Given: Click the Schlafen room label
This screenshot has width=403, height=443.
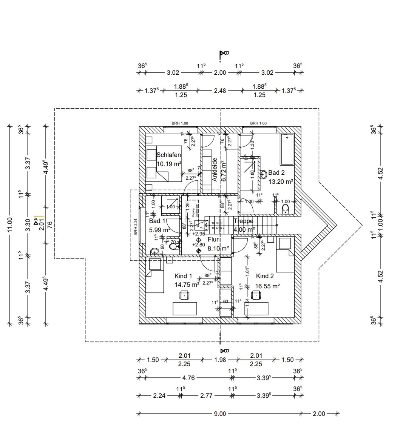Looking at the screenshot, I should [x=168, y=155].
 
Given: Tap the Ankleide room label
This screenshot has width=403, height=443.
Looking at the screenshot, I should [x=215, y=170].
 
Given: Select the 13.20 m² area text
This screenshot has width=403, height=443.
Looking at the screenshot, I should [x=281, y=182].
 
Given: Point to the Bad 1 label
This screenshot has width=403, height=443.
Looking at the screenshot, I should [x=157, y=221].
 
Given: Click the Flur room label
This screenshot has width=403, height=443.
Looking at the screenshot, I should [x=213, y=239].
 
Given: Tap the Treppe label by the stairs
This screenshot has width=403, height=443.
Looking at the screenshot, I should [x=243, y=221].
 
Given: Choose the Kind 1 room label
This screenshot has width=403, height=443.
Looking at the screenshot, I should [x=183, y=276].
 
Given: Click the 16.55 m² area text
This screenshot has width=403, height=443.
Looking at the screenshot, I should [x=267, y=286].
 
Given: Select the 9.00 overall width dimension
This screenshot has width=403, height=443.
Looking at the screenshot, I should [x=219, y=414].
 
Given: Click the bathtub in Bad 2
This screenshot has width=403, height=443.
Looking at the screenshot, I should [x=287, y=149].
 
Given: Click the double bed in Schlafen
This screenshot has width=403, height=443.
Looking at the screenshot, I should [x=157, y=163].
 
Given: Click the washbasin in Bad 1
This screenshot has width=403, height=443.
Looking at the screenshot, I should [x=154, y=251].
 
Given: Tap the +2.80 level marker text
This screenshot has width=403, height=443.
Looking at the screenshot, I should [x=199, y=245].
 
